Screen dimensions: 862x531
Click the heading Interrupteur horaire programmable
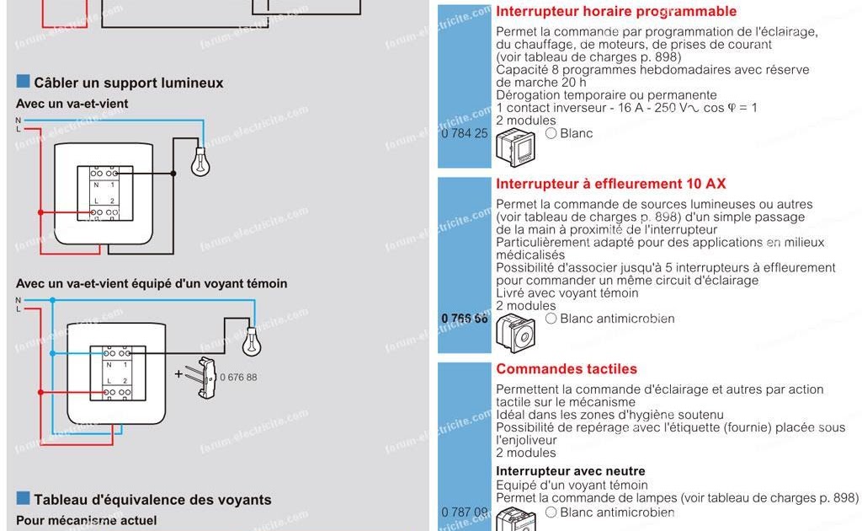[616, 12]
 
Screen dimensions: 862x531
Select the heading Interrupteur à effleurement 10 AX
[611, 184]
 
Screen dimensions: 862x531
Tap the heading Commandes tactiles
[567, 369]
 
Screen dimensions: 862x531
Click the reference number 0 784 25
[464, 133]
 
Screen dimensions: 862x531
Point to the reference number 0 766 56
[464, 319]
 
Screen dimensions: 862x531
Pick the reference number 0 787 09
[464, 512]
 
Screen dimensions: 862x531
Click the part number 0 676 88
[238, 377]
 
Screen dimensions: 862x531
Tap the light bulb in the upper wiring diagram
[200, 162]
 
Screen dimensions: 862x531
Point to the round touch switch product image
[515, 332]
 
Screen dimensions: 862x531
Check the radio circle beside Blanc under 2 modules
[551, 133]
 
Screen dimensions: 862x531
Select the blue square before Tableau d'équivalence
[23, 498]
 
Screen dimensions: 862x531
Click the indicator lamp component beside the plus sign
[205, 377]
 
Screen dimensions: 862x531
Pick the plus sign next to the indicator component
[178, 373]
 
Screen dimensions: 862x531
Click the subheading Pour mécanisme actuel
[86, 521]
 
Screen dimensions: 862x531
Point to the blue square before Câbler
[23, 82]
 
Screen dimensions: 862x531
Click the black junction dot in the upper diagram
[173, 174]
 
